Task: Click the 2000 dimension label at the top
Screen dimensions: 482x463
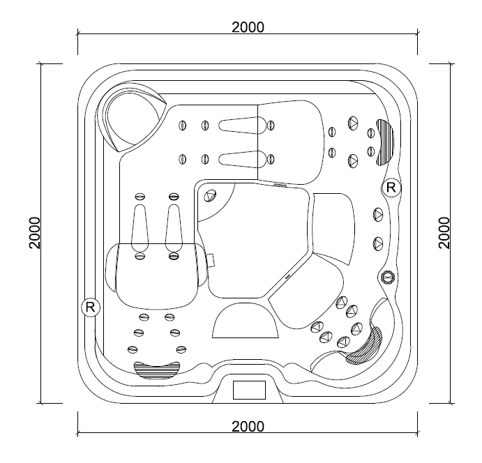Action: [x=248, y=27]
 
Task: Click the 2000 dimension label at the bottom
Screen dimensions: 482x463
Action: [x=248, y=427]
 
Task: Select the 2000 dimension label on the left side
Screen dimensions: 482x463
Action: [x=34, y=233]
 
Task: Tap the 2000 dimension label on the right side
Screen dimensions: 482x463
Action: [x=444, y=233]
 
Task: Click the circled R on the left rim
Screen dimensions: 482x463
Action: [x=91, y=307]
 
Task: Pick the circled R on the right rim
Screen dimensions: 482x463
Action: [x=391, y=187]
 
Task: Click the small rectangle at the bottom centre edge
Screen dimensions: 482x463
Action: [x=249, y=390]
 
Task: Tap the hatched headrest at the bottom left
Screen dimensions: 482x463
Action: [x=157, y=370]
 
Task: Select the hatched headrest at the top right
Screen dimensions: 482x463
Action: [x=385, y=142]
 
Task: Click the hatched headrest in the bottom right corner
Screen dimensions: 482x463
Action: [x=366, y=346]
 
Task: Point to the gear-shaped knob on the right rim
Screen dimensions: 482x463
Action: [x=388, y=278]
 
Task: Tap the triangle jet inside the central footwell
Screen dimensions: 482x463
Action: [x=211, y=195]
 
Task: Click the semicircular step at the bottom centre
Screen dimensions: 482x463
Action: [x=246, y=320]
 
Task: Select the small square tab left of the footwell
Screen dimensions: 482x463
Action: [x=211, y=260]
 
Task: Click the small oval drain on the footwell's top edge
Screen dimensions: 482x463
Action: [x=280, y=185]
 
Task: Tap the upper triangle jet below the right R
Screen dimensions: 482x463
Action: [x=378, y=215]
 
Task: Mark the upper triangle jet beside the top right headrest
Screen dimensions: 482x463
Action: [x=353, y=123]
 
